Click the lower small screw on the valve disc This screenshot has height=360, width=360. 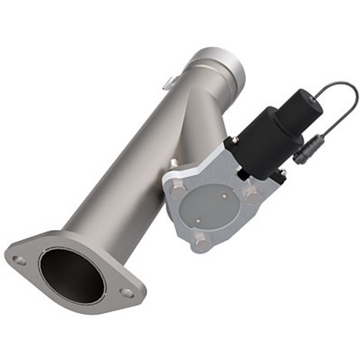click(207, 221)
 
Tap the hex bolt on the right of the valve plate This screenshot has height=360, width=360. click(251, 190)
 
